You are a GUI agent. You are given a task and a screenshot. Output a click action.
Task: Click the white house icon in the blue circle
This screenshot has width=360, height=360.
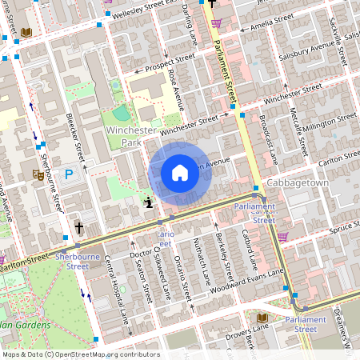point(180,173)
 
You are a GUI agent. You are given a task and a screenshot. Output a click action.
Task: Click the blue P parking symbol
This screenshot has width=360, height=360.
point(69,173)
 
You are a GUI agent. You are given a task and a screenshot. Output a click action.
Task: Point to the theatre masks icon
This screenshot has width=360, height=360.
point(37,173)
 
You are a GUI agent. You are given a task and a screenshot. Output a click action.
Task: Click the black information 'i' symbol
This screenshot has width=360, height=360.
point(147,202)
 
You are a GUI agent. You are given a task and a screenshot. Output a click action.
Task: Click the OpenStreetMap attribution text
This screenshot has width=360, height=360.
point(80,354)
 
